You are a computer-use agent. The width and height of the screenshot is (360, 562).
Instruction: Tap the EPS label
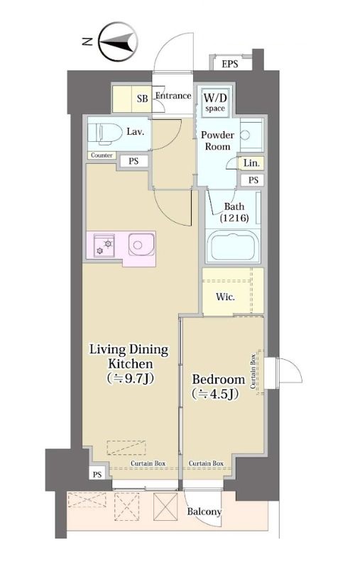[230, 64]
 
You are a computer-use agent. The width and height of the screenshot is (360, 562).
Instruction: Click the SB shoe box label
[142, 99]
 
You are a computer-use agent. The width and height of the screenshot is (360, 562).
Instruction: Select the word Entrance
[173, 96]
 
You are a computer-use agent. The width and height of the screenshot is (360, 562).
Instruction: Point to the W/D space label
[215, 102]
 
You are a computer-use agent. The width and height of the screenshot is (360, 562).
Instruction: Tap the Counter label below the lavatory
[102, 155]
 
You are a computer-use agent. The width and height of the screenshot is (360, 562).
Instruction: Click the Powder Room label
[217, 141]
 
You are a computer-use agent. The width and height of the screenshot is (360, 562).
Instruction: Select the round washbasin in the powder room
[245, 135]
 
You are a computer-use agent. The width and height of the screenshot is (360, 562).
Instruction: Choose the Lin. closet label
[251, 163]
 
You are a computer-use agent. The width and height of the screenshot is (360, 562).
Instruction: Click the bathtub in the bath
[234, 248]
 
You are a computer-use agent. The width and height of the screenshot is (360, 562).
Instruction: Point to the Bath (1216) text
[234, 212]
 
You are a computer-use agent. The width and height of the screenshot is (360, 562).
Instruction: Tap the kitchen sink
[141, 244]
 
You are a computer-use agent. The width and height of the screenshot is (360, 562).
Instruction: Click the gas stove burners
[104, 246]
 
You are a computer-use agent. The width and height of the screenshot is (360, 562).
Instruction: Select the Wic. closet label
[226, 297]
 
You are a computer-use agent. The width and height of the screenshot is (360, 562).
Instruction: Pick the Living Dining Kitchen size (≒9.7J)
[131, 378]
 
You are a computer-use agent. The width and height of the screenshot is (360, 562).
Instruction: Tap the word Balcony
[204, 512]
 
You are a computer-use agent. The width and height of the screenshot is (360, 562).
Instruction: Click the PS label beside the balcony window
[97, 475]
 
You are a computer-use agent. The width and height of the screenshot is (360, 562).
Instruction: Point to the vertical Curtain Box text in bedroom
[253, 372]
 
